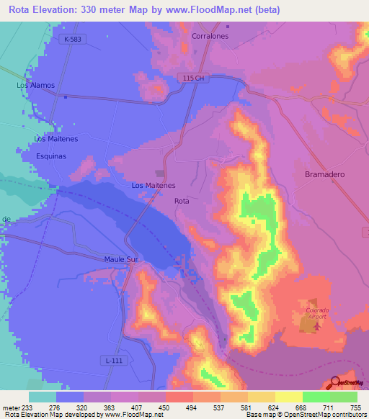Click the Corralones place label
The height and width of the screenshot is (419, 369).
210,35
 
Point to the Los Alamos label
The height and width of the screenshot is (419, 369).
36,85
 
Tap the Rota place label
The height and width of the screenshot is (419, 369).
182,202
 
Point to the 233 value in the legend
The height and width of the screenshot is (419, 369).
28,407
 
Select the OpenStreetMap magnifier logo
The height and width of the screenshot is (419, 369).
334,382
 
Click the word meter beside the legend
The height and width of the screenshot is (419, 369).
10,407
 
